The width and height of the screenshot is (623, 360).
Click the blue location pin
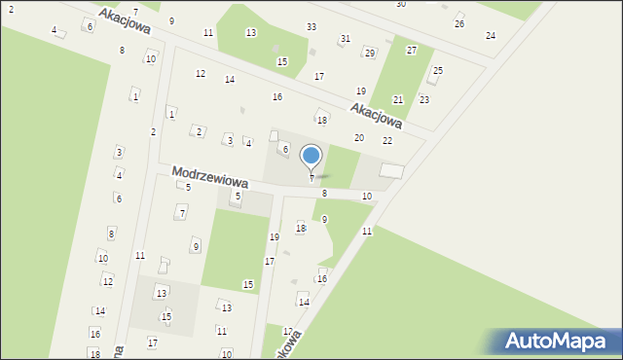[311, 157]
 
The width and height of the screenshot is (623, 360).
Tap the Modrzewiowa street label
[210, 177]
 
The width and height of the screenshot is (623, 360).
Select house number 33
[311, 26]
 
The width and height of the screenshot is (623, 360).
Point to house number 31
[345, 39]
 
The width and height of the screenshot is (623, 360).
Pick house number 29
[369, 53]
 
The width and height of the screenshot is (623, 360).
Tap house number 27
[412, 50]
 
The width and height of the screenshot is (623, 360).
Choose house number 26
[459, 23]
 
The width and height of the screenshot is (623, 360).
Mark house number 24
[491, 36]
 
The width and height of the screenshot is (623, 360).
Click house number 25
[438, 71]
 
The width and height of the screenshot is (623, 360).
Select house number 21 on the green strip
[398, 100]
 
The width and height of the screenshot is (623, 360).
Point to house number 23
[424, 100]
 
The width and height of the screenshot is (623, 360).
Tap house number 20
[358, 138]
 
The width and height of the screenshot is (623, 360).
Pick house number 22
[387, 141]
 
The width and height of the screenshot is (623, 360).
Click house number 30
[401, 5]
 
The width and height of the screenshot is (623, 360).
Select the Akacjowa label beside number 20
[376, 115]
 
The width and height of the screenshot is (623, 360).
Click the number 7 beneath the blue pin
[311, 178]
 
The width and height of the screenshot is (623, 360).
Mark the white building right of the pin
[391, 171]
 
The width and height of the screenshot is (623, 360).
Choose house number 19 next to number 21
[360, 91]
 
